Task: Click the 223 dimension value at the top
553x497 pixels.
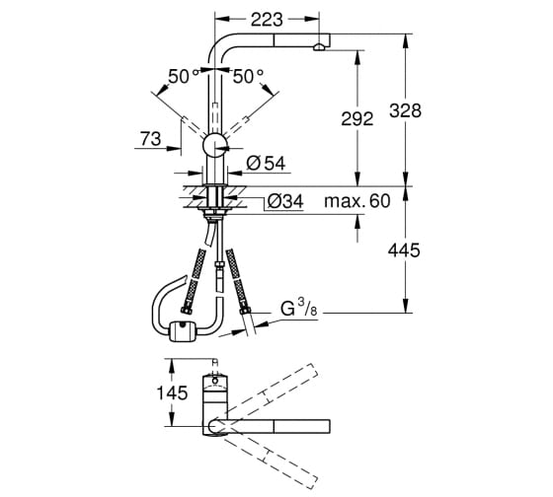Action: point(267,20)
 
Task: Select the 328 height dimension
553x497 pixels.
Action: point(405,110)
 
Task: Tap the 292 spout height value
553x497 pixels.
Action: point(356,118)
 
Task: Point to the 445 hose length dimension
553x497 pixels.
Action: point(404,250)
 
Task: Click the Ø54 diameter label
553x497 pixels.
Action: point(267,163)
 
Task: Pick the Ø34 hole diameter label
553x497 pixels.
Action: point(285,201)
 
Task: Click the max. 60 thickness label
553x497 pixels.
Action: point(357,201)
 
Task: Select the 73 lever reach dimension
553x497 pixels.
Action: point(150,138)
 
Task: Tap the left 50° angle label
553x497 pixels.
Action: point(184,76)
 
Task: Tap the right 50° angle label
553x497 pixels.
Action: point(248,76)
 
